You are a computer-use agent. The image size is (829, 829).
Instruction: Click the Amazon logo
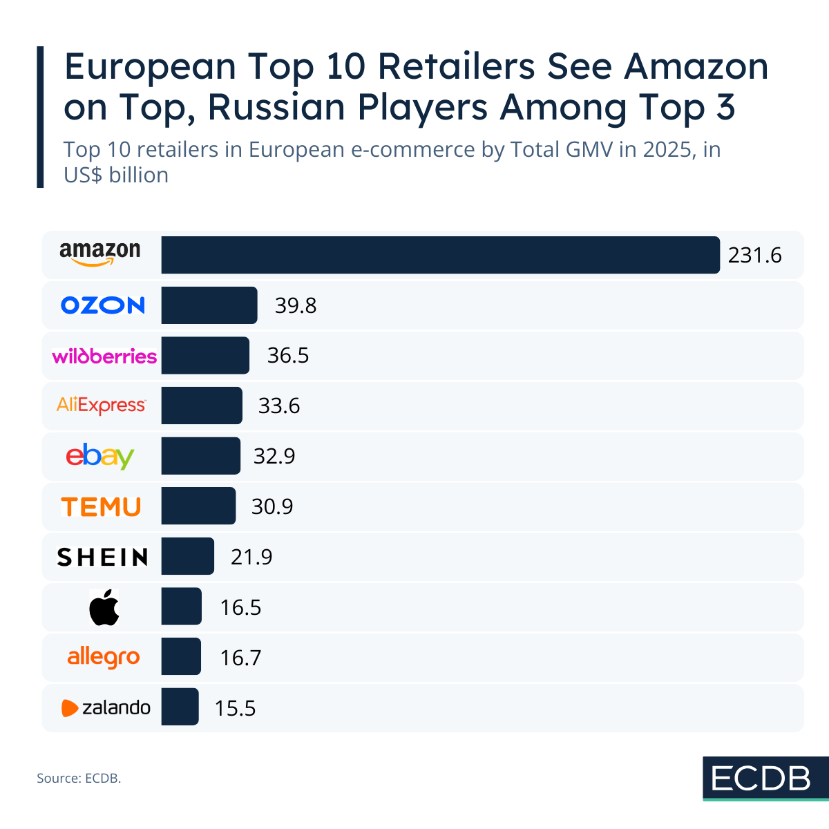pos(100,254)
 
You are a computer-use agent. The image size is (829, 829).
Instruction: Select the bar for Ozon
pos(209,305)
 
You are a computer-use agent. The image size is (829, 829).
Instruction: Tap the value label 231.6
pos(754,256)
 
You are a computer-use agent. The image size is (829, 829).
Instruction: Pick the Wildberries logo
pos(104,356)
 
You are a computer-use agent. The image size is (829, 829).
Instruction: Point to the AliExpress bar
pos(202,406)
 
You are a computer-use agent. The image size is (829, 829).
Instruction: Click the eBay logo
pos(100,457)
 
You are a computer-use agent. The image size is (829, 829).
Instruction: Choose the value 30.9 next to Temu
pos(272,507)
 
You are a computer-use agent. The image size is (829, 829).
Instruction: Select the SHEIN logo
pos(102,557)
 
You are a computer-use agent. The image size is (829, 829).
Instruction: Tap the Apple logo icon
pos(104,608)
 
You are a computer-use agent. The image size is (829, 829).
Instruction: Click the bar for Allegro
pos(181,657)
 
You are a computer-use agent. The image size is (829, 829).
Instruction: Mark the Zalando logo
pos(106,707)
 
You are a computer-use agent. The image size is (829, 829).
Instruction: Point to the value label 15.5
pos(235,708)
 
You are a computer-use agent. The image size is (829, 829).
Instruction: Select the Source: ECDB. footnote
pos(79,779)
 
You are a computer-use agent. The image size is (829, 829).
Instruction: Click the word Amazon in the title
pos(696,67)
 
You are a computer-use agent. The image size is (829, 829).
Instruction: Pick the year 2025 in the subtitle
pos(670,150)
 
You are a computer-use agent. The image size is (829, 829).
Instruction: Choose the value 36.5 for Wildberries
pos(288,356)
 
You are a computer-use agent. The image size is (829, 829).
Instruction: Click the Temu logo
pos(101,507)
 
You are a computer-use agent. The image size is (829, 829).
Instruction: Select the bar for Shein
pos(188,556)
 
